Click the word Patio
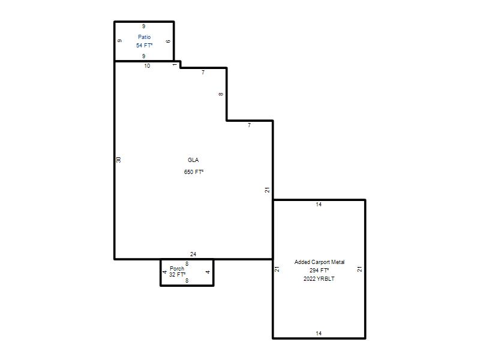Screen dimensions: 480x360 pyautogui.click(x=144, y=37)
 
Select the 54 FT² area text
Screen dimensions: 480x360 pyautogui.click(x=144, y=46)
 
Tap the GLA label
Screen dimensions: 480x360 pyautogui.click(x=193, y=160)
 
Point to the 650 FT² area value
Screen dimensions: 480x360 pyautogui.click(x=193, y=172)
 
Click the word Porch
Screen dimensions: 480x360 pyautogui.click(x=177, y=268)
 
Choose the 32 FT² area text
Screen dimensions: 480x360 pyautogui.click(x=177, y=275)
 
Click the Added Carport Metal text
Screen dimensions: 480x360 pyautogui.click(x=319, y=262)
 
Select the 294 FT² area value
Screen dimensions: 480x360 pyautogui.click(x=319, y=271)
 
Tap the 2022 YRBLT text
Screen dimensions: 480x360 pyautogui.click(x=319, y=279)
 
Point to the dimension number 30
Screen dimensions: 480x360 pyautogui.click(x=119, y=160)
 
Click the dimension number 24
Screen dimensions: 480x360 pyautogui.click(x=193, y=254)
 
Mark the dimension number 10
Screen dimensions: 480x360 pyautogui.click(x=147, y=66)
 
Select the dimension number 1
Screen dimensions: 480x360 pyautogui.click(x=175, y=65)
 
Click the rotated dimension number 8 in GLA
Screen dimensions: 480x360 pyautogui.click(x=221, y=94)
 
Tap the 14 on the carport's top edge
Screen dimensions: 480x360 pyautogui.click(x=319, y=205)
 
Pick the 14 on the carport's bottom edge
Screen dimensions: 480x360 pyautogui.click(x=319, y=334)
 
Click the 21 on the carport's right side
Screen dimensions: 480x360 pyautogui.click(x=359, y=269)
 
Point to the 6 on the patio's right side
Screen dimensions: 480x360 pyautogui.click(x=168, y=41)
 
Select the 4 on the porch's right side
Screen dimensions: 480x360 pyautogui.click(x=208, y=272)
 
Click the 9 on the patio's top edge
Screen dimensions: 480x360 pyautogui.click(x=143, y=26)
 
